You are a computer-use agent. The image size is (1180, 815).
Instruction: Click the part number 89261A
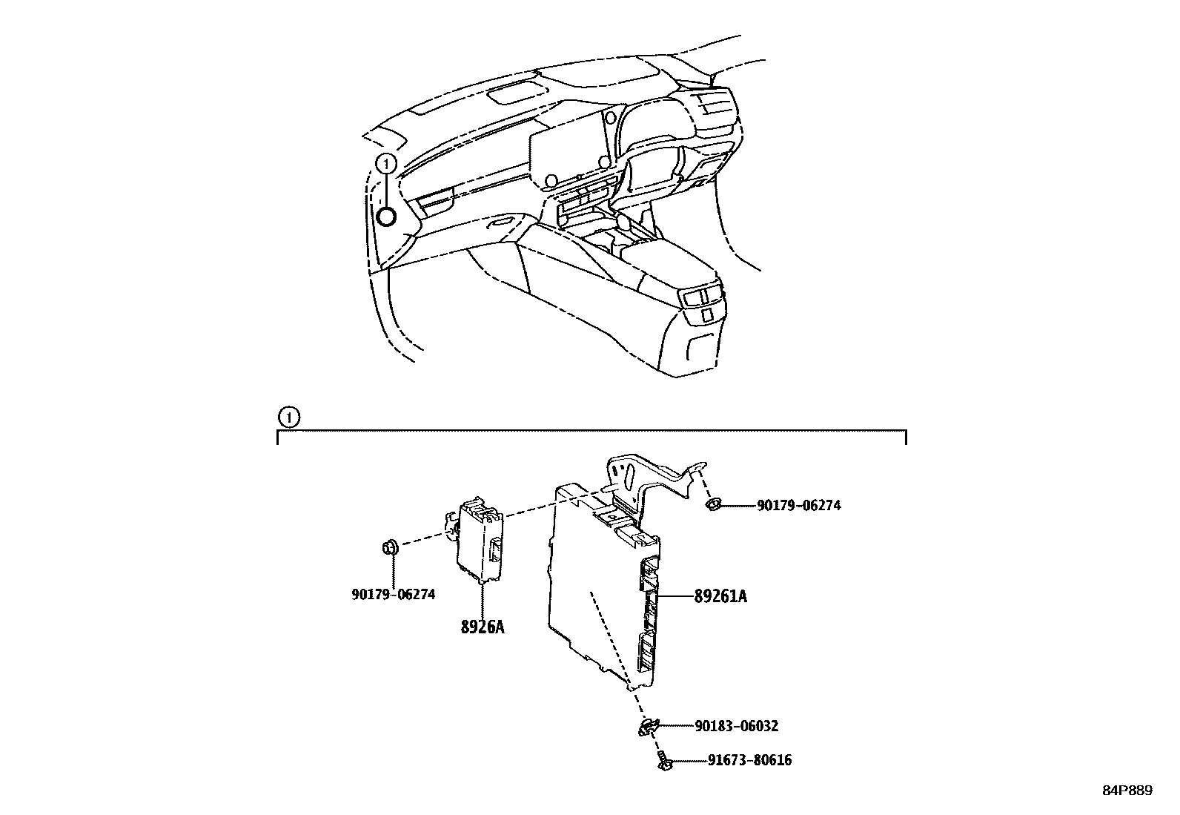tap(720, 595)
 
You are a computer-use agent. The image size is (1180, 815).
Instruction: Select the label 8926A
tap(482, 627)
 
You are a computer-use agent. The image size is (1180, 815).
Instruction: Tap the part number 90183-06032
tap(736, 726)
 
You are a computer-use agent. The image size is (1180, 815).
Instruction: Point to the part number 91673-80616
tap(749, 760)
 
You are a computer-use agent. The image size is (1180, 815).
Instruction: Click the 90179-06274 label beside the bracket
tap(798, 506)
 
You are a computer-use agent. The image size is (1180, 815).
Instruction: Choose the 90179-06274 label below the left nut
tap(393, 594)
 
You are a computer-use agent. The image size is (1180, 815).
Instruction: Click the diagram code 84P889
tap(1127, 791)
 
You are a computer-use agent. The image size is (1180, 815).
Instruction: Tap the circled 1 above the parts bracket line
tap(289, 418)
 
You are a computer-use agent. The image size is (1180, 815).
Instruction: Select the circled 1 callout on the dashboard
tap(385, 164)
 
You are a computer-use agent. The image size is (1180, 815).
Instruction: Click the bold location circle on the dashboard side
tap(385, 217)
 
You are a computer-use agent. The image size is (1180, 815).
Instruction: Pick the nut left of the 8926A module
tap(389, 548)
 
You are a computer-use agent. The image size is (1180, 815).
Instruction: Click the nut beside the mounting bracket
tap(712, 505)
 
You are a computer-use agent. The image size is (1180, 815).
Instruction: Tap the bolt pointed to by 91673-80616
tap(663, 760)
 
